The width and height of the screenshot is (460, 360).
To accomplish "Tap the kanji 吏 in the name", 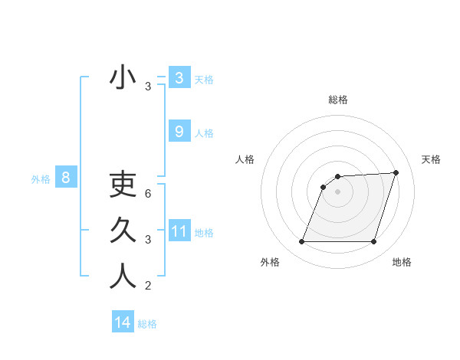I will click(x=123, y=185).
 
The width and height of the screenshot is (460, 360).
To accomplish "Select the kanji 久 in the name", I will click(x=123, y=231).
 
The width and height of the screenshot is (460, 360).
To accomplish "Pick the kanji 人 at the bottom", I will click(x=123, y=277).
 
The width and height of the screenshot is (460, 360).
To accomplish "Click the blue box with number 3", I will click(x=179, y=77).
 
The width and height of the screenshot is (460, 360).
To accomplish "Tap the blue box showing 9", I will click(x=179, y=132).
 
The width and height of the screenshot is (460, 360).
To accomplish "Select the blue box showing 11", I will click(x=179, y=231).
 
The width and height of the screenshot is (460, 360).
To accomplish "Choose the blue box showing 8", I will click(x=66, y=178).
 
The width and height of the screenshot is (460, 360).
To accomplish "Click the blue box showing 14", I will click(x=123, y=322).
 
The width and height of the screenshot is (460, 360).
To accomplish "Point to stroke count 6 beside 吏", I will click(x=148, y=194).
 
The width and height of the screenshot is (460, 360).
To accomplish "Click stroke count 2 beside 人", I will click(x=148, y=286).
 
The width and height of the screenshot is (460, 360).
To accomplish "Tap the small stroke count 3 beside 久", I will click(x=148, y=240).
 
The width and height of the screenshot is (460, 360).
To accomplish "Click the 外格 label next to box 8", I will click(x=41, y=179).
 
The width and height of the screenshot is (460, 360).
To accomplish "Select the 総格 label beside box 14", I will click(x=147, y=323).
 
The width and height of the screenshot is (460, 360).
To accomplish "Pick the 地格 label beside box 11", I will click(x=204, y=232).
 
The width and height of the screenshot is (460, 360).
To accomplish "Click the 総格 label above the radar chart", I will click(x=337, y=100).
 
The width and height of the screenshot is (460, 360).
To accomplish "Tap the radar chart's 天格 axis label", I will click(x=431, y=159).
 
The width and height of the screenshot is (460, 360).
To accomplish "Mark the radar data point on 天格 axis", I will click(x=396, y=172).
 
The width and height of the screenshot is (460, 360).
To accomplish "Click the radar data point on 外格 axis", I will click(x=301, y=242).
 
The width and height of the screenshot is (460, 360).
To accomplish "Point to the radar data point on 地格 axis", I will click(x=373, y=242).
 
